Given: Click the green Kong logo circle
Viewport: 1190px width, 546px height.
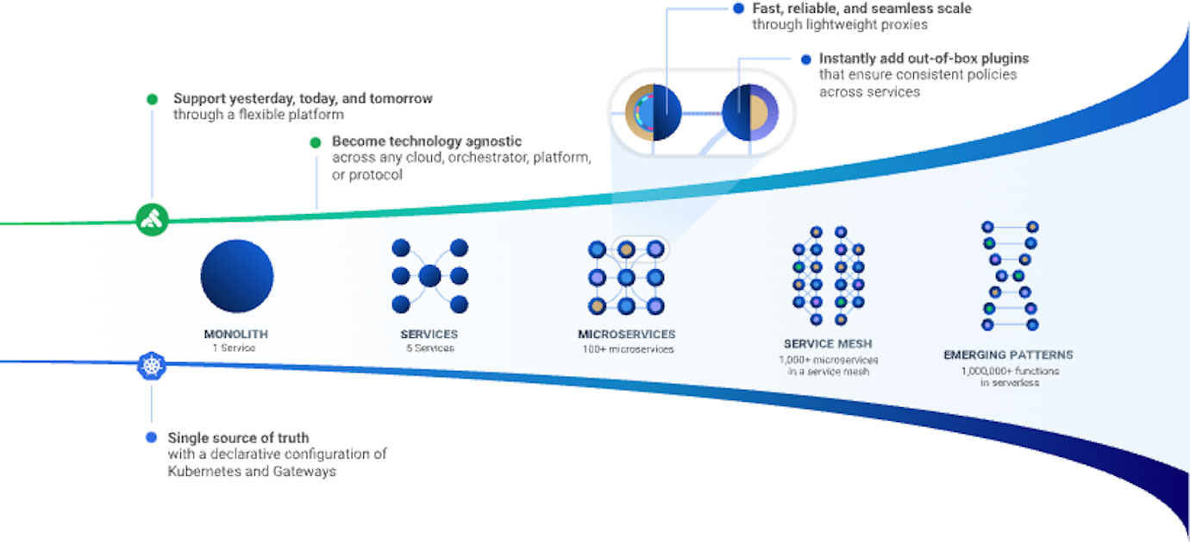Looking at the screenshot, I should click(152, 219).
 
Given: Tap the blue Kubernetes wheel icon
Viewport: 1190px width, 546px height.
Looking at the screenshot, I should click(152, 366).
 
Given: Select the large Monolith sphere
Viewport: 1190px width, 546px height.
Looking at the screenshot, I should click(237, 276).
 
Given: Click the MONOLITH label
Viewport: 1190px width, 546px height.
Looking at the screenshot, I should click(236, 334).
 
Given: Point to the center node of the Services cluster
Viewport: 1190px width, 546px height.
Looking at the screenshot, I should click(429, 276).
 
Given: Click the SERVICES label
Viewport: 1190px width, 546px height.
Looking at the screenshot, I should click(429, 334).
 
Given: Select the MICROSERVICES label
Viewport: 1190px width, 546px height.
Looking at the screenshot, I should click(627, 334).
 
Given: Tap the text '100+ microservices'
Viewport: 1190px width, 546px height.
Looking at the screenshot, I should click(627, 349).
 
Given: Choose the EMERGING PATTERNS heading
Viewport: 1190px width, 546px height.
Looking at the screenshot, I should click(1008, 355).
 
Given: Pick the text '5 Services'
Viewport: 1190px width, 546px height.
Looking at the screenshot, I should click(429, 348).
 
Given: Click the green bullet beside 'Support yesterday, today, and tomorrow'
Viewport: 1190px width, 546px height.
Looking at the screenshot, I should click(152, 99).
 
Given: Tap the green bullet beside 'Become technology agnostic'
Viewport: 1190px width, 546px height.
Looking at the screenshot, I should click(316, 142).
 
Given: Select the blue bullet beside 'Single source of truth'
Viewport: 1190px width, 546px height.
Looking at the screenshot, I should click(152, 437).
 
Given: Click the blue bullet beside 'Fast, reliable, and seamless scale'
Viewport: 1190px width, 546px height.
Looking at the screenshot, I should click(738, 9).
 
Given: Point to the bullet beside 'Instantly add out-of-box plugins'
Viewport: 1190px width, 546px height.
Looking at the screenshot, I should click(805, 60).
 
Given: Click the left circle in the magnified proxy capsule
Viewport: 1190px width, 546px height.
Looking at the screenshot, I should click(653, 112).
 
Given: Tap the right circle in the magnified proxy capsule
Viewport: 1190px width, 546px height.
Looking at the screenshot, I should click(749, 112).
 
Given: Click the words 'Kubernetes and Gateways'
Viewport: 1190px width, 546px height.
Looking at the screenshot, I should click(251, 471).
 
